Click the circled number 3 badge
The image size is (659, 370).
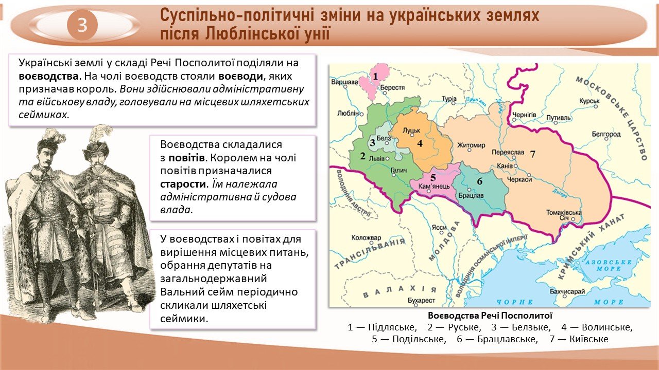tap(82, 25)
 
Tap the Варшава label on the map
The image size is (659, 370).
tap(344, 82)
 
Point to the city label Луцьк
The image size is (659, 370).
tap(411, 131)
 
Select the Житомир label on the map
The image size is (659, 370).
tap(471, 145)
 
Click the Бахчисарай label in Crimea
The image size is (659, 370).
tap(567, 291)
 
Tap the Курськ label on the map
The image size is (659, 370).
tap(589, 101)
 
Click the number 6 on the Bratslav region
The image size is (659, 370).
tap(479, 181)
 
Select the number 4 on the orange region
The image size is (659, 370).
tap(420, 143)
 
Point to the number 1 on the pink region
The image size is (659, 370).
tap(375, 77)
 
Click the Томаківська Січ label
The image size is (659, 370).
tap(564, 215)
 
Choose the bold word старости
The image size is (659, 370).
tap(182, 184)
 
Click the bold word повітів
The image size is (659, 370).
tap(186, 158)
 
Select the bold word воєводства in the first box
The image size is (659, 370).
tap(48, 77)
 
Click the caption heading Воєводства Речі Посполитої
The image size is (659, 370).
tap(490, 316)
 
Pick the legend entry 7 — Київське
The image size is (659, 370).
tap(579, 339)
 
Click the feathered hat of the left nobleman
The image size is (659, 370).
tap(50, 140)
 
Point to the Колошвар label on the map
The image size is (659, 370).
tap(366, 237)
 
